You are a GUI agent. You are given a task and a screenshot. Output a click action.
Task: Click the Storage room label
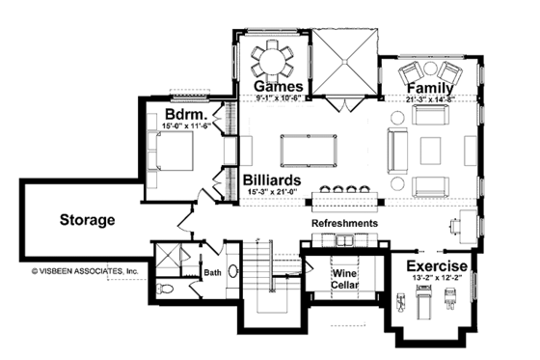[86, 220]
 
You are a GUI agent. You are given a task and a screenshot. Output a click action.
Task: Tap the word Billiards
[277, 180]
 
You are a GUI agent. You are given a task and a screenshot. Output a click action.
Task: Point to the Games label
[275, 87]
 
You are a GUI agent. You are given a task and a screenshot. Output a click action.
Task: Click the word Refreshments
[343, 223]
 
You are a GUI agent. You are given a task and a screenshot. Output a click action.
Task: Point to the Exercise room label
[437, 265]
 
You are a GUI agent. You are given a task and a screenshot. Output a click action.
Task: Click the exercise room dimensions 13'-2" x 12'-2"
[437, 279]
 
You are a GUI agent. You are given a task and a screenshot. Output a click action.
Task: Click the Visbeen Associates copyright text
[85, 271]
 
